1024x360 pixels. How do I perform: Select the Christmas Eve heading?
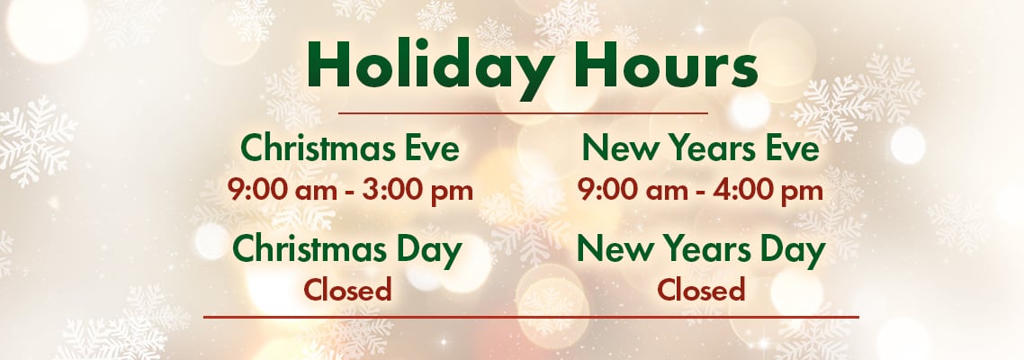(350, 148)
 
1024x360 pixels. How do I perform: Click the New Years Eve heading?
(700, 148)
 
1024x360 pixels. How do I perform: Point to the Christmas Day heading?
(346, 249)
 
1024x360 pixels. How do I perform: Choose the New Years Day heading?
(700, 249)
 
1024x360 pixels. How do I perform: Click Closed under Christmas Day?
(347, 290)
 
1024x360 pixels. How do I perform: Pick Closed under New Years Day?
(701, 290)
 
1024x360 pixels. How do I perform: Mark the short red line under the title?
(522, 114)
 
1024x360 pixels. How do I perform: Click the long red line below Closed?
(531, 317)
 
